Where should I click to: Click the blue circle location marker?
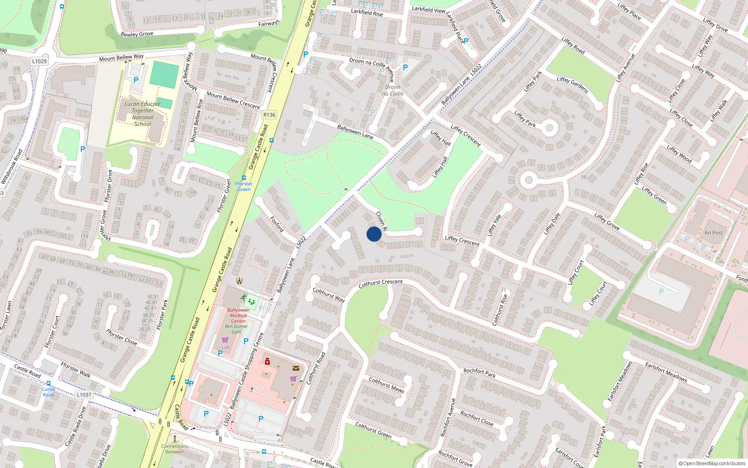coord(374,234)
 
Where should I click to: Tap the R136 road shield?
coord(269,115)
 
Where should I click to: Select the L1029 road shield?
coord(40,61)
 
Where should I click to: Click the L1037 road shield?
coord(84,395)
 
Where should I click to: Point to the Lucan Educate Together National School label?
coord(142,114)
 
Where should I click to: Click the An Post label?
coord(713,233)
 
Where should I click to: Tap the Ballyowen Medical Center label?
coord(238,315)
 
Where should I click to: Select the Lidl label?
coord(226,347)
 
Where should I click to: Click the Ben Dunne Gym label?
coord(237,329)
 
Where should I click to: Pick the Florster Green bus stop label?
coord(244,186)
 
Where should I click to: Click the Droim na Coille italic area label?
coord(393,90)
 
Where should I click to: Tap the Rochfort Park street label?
coord(479,373)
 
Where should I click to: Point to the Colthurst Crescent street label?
coord(380,284)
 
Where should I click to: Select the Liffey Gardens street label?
coord(572,85)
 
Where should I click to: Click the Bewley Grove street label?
coord(137,34)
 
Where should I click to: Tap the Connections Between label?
coord(175,449)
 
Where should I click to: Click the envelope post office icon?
coord(296,368)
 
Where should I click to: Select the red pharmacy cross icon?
coord(267,361)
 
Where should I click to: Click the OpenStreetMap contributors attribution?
coord(712,463)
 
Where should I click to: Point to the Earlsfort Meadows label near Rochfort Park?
coord(666,372)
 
